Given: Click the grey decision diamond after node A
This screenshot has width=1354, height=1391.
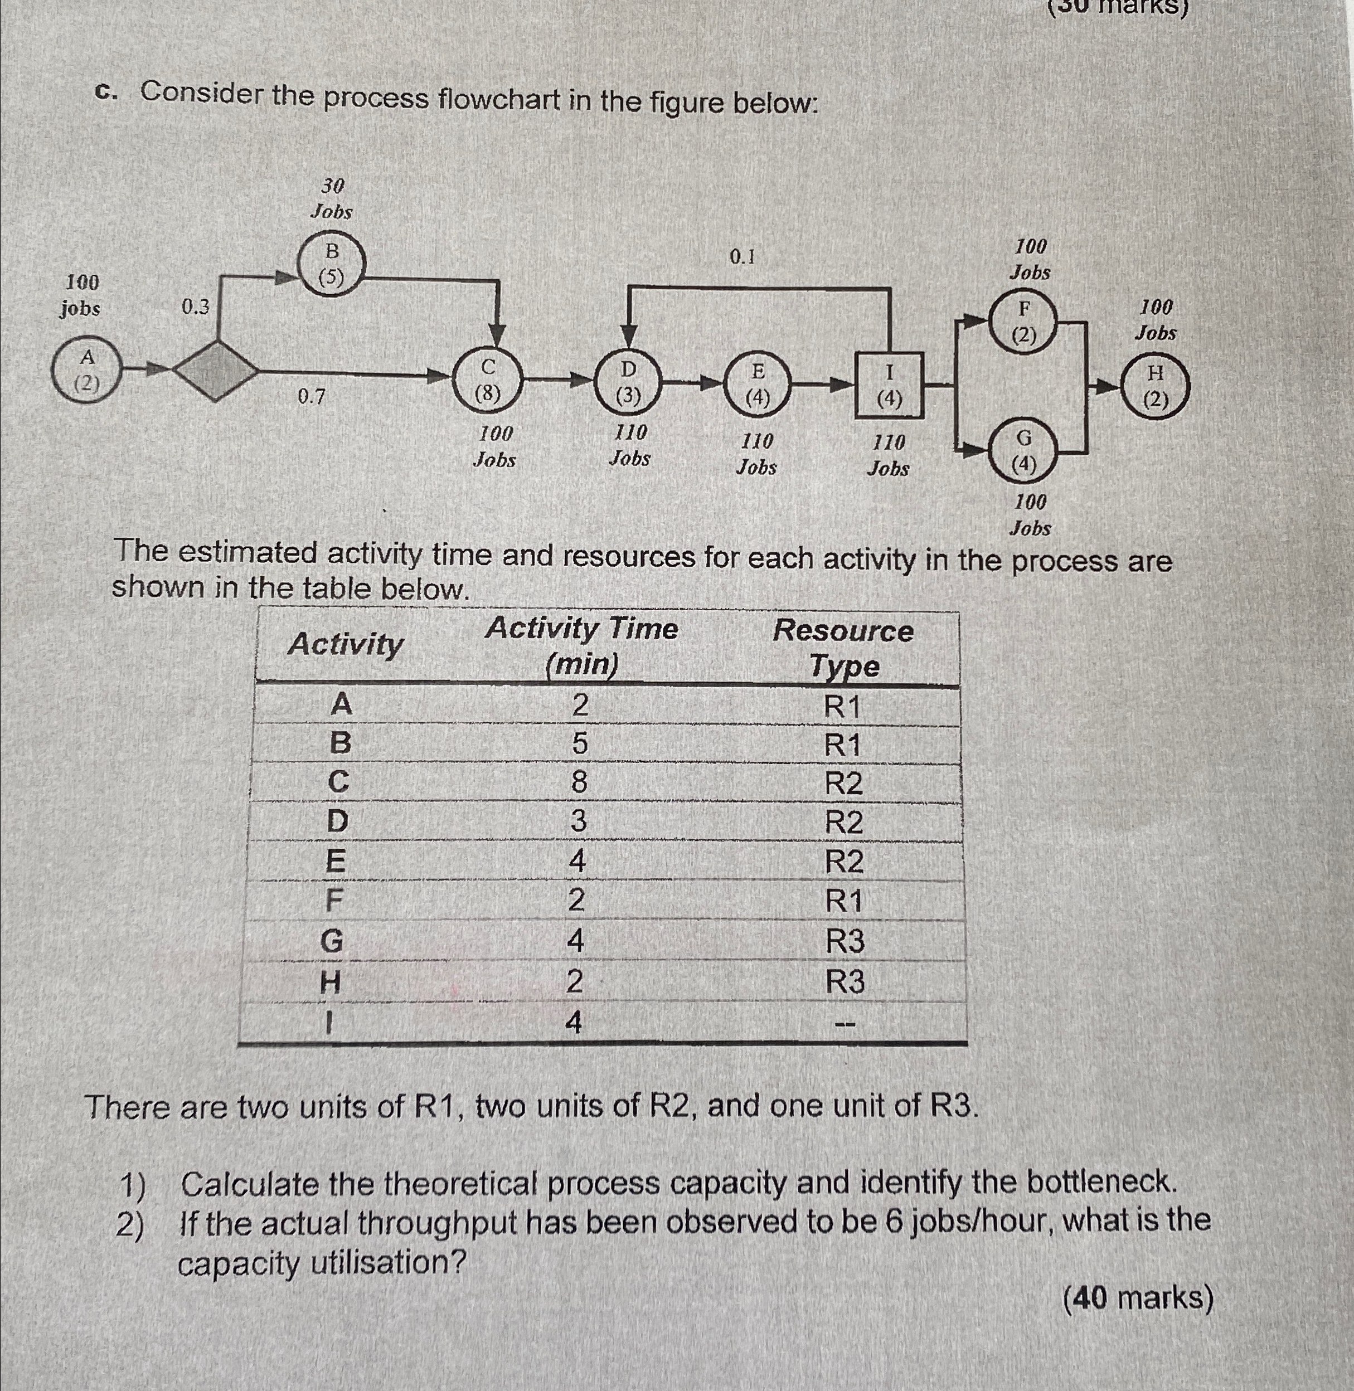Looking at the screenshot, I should [x=217, y=370].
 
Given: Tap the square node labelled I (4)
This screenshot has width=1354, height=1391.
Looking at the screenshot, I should [x=889, y=385].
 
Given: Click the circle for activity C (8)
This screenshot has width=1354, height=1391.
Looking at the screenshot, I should [x=488, y=381].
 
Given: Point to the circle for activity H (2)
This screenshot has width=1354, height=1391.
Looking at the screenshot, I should [x=1155, y=387].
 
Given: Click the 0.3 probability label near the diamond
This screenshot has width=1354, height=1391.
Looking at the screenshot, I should [x=196, y=307].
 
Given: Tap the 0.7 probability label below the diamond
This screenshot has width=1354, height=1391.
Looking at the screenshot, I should [x=310, y=397].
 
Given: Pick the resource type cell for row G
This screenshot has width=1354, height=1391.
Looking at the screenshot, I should [x=845, y=941].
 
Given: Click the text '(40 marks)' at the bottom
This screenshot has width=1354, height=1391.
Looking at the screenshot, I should [x=1137, y=1297].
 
